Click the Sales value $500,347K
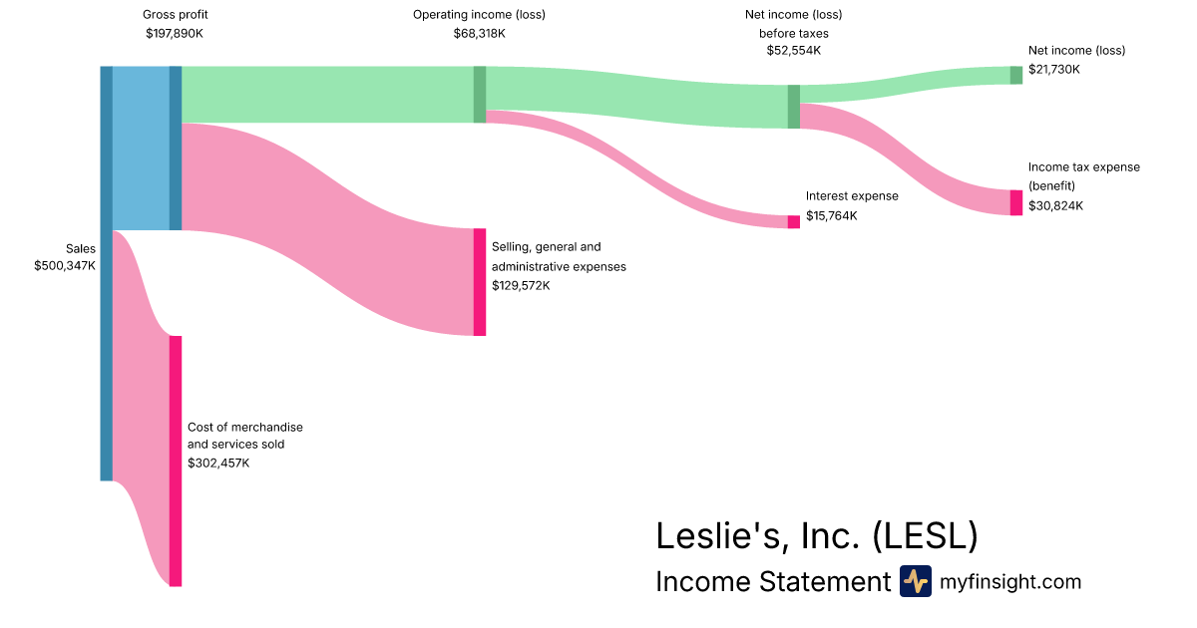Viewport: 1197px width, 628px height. tap(65, 266)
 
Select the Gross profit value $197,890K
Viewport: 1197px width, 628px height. tap(175, 33)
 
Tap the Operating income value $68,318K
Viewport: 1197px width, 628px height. tap(479, 33)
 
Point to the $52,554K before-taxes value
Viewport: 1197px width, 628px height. tap(793, 50)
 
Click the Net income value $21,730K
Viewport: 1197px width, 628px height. tap(1054, 69)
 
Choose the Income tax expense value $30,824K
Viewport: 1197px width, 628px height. tap(1055, 205)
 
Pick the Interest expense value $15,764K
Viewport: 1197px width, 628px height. tap(832, 215)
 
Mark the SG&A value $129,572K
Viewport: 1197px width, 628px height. tap(521, 285)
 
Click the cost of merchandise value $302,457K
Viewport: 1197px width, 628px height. tap(218, 463)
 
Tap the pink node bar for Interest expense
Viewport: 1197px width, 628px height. tap(794, 221)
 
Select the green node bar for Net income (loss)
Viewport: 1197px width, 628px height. tap(1015, 75)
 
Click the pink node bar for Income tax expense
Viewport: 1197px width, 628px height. tap(1015, 202)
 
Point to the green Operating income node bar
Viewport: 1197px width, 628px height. tap(480, 94)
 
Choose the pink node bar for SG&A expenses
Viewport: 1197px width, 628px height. tap(480, 282)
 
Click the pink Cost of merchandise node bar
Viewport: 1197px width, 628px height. tap(176, 461)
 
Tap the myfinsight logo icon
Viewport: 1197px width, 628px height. tap(915, 581)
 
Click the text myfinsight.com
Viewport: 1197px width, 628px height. tap(1010, 582)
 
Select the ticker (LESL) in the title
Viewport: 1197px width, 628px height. tap(925, 536)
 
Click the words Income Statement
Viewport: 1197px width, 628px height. tap(772, 582)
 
